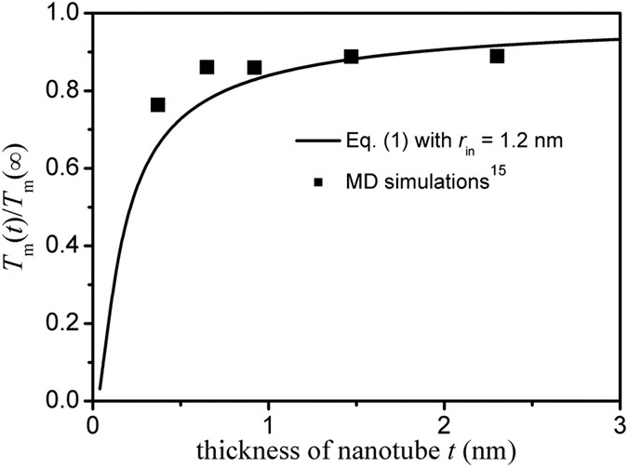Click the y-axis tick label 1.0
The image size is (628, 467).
[64, 16]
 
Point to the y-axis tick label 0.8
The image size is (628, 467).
[64, 92]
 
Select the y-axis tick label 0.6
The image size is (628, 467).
[64, 169]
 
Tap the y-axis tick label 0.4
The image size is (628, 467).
[64, 247]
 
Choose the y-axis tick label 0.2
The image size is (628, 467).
[64, 324]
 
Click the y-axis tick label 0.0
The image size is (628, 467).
[64, 401]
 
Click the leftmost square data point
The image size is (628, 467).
[158, 104]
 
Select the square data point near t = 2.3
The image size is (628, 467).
[497, 57]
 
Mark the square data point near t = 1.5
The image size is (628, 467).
[351, 57]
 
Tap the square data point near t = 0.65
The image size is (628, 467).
[207, 67]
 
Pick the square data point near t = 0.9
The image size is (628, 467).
[254, 67]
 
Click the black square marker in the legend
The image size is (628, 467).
[319, 182]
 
